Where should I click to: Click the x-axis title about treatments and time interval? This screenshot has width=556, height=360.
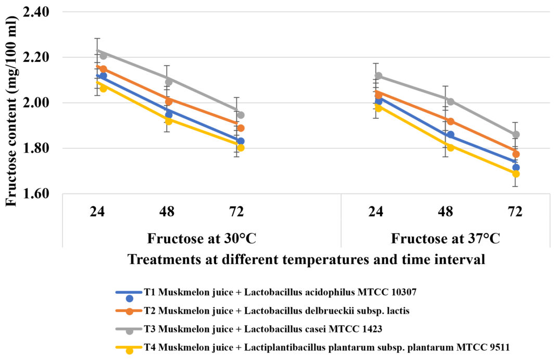click(306, 259)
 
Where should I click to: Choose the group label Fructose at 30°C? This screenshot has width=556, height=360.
click(201, 239)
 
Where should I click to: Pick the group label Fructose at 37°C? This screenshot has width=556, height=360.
click(446, 239)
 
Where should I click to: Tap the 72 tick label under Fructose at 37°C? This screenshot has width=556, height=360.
click(515, 212)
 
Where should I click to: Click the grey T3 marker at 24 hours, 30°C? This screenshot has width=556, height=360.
click(103, 55)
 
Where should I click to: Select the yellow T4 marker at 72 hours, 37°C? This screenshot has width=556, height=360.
click(516, 173)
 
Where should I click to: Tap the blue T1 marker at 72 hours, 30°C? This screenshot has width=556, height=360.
click(241, 141)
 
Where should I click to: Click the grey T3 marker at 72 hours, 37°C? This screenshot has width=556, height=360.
click(516, 134)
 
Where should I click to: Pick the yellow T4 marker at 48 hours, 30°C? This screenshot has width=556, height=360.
click(169, 121)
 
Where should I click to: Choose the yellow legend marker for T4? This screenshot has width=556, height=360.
click(130, 350)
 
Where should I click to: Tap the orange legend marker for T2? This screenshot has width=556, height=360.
click(130, 312)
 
